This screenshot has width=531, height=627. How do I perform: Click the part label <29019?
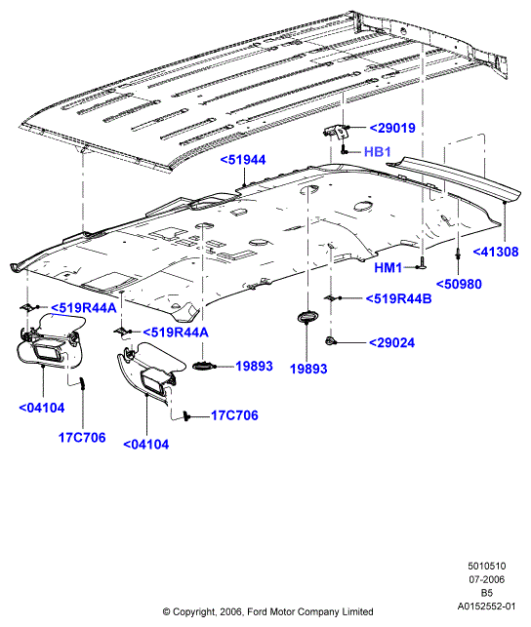click(392, 128)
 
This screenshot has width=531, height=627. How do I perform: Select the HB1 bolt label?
click(378, 151)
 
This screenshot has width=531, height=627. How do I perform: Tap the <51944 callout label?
click(243, 160)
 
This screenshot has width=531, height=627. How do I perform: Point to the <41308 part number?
click(496, 252)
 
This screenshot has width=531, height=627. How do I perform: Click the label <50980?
click(459, 285)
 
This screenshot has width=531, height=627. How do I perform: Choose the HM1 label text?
click(388, 267)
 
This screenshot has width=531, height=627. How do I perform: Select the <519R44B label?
click(398, 298)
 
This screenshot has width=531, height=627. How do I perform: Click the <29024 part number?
click(391, 342)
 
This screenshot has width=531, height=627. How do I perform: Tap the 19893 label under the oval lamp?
click(308, 369)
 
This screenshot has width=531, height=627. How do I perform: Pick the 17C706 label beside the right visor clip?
click(234, 415)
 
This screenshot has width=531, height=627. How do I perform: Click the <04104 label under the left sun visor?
click(42, 408)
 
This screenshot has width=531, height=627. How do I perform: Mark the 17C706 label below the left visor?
click(82, 438)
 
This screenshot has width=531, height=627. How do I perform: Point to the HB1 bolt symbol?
click(344, 151)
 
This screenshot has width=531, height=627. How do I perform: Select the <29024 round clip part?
click(331, 341)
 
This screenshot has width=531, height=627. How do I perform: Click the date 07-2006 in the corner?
click(486, 579)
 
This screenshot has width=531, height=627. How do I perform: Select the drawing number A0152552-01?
click(486, 607)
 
